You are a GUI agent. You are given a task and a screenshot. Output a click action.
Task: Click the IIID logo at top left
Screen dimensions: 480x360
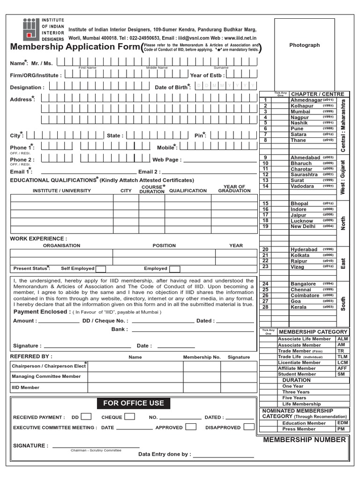(x=30, y=29)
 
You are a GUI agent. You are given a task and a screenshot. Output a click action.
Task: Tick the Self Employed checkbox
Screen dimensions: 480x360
(x=100, y=269)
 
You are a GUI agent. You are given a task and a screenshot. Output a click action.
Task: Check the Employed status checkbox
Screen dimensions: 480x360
(x=174, y=269)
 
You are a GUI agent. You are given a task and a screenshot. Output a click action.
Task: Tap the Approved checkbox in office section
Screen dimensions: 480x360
(x=191, y=427)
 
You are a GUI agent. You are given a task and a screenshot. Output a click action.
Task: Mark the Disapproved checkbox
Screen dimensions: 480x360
(x=249, y=427)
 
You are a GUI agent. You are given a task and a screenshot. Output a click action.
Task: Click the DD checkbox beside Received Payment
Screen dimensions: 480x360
(x=86, y=417)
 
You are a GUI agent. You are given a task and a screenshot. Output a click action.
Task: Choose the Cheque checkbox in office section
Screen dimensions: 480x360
(x=130, y=417)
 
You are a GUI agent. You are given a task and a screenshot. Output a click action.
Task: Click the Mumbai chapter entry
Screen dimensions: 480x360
(x=300, y=112)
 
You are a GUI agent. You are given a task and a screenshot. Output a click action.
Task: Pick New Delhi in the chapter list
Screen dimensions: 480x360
(x=303, y=226)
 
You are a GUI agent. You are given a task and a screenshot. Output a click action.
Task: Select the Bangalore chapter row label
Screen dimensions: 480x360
(x=303, y=284)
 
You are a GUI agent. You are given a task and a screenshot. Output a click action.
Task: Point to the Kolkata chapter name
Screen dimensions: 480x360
(x=300, y=255)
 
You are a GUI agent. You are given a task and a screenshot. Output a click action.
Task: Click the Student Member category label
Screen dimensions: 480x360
(x=297, y=374)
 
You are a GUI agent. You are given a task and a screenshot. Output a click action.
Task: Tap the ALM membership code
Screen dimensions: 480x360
(x=343, y=338)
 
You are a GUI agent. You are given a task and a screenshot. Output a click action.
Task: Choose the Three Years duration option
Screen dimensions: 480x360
(x=296, y=392)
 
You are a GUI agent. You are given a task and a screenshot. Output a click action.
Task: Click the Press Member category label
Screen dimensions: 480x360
(x=299, y=429)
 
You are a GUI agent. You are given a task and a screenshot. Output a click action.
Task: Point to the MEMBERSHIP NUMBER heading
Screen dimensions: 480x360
(x=305, y=440)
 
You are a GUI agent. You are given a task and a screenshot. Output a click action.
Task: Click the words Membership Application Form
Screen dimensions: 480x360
(x=75, y=47)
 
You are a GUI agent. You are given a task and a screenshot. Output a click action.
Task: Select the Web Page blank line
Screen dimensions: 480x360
(x=220, y=160)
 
